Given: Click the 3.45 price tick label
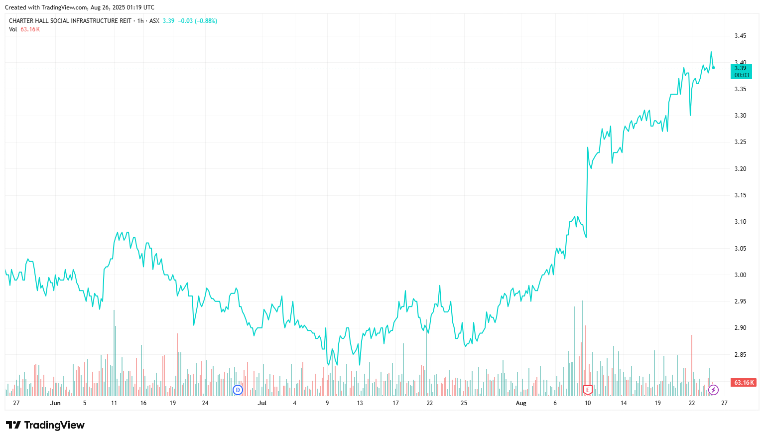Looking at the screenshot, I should coord(740,36).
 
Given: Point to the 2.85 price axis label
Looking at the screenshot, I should coord(740,355).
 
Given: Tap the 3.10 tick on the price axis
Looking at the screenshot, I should coord(740,222).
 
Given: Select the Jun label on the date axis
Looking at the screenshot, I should coord(55,403).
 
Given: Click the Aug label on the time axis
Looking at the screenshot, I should coord(521,403).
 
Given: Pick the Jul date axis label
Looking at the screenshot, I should coord(262,403).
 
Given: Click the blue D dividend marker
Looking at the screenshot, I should coord(238,390).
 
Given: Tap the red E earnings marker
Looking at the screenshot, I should coord(588,390).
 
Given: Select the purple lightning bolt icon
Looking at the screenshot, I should coord(714,390).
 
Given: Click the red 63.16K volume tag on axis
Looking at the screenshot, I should coord(744,383).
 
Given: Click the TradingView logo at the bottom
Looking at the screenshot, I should coord(45,425).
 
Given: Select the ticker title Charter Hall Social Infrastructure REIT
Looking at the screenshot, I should coord(70,21).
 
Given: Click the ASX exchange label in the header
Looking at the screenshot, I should coord(154,21).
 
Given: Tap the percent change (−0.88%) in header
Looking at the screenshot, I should coord(206,21).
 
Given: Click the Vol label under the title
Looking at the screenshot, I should coord(13,29).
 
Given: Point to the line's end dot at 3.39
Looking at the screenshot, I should coord(714,68).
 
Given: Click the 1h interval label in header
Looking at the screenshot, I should coord(140,21).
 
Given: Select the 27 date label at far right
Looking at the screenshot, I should coord(724,403).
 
